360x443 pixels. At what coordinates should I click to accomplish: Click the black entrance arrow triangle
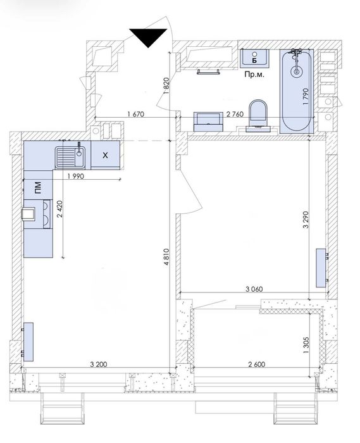(x=148, y=36)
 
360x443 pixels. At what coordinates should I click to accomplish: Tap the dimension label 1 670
(x=135, y=114)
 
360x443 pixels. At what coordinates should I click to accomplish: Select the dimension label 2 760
(x=235, y=114)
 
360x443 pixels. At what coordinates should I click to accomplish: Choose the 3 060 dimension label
(x=254, y=289)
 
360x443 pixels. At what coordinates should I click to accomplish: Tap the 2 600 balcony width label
(x=257, y=365)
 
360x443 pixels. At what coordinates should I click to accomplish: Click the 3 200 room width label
(x=99, y=365)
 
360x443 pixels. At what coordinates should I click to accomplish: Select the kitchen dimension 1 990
(x=76, y=177)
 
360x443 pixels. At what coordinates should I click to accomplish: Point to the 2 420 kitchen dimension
(x=60, y=209)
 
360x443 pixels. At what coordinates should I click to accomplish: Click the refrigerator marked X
(x=105, y=155)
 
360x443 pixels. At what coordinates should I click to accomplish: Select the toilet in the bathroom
(x=258, y=115)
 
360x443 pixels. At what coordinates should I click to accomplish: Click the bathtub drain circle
(x=297, y=72)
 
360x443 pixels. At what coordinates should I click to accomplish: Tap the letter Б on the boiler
(x=254, y=60)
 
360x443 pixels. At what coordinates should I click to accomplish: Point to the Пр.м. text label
(x=254, y=75)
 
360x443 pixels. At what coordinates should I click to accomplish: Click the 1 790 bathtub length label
(x=306, y=97)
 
